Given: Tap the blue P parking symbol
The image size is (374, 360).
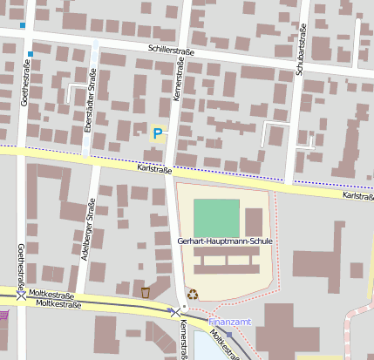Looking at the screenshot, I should point(157,133).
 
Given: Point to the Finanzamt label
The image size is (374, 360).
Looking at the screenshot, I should point(230,322).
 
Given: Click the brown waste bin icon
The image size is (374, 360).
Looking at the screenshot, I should point(145,291).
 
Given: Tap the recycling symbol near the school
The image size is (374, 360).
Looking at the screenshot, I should point(193,295).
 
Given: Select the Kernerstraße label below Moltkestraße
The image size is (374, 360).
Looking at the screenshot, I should point(183,339).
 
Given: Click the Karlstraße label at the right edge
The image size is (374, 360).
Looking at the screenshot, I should point(358,197).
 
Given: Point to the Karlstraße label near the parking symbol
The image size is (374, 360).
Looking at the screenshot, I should point(155,169).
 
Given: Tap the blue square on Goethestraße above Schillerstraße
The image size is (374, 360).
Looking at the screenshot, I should point(30,54).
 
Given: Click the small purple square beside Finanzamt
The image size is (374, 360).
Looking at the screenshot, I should point(229,333).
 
